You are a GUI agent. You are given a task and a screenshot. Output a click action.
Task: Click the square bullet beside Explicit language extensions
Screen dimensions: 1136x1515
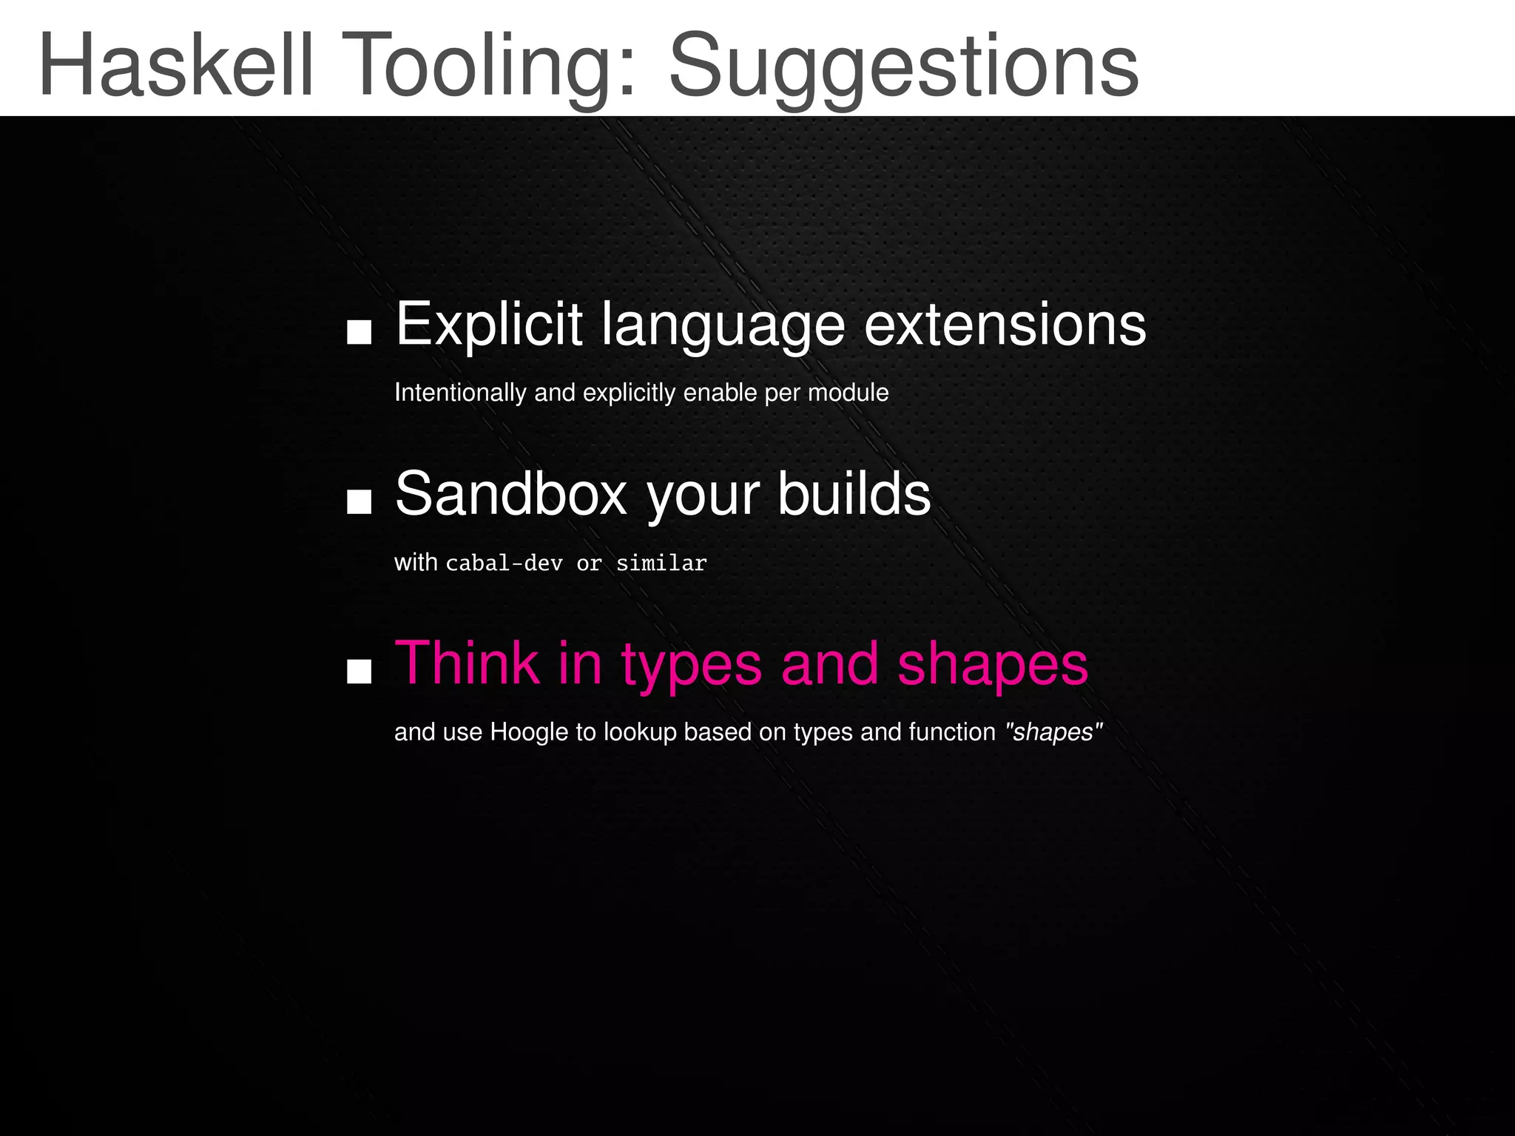[359, 333]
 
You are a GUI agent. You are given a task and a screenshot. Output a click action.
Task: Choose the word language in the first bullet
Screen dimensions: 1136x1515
[723, 325]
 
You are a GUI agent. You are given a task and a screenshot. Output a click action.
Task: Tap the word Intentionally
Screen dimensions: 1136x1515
[460, 392]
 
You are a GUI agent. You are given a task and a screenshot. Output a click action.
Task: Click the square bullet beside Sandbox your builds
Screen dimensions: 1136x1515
[359, 502]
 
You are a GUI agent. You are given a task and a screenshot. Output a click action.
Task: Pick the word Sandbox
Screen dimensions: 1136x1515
[511, 493]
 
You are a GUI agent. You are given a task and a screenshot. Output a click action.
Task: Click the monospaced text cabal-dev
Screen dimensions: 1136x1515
[504, 564]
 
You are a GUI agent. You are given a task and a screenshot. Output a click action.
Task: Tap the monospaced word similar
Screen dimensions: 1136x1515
[661, 564]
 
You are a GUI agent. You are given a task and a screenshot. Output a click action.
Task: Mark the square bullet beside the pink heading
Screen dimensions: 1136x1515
[359, 672]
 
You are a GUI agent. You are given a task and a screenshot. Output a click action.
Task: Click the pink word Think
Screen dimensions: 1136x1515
[467, 663]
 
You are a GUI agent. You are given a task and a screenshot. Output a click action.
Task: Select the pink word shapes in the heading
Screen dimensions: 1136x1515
[992, 664]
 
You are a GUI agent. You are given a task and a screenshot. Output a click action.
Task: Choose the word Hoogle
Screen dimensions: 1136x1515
[529, 732]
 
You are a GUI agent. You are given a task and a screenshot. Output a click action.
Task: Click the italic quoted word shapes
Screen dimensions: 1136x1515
[1053, 732]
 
